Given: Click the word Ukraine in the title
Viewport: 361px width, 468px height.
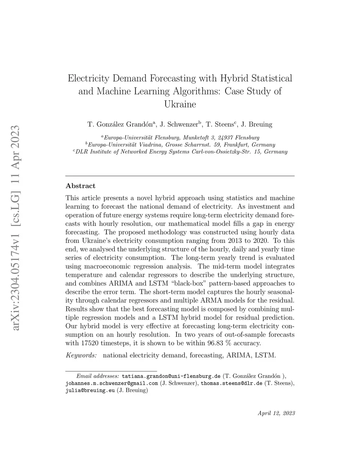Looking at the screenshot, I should click(x=180, y=105).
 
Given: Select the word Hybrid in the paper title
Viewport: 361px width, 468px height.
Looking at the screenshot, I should click(x=234, y=78).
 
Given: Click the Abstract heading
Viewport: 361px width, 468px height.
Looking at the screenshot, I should click(x=80, y=186).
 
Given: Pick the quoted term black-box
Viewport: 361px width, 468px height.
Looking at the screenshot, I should click(x=189, y=283).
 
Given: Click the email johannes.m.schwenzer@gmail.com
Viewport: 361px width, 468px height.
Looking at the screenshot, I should click(x=112, y=383).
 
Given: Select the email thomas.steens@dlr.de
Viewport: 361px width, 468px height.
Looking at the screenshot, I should click(x=232, y=383).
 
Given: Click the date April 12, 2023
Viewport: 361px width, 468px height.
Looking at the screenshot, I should click(x=276, y=413).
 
